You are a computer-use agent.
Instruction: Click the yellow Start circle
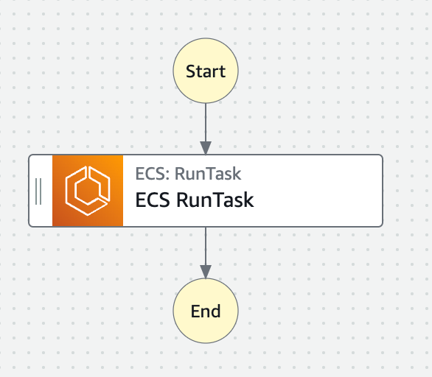coord(206,71)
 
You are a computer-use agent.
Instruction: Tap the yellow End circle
coord(206,311)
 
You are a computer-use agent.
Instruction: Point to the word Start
coord(206,71)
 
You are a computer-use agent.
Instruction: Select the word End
coord(206,311)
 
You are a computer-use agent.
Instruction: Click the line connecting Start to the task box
coord(206,122)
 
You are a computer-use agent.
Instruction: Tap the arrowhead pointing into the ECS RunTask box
coord(206,148)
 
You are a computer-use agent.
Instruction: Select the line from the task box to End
coord(206,246)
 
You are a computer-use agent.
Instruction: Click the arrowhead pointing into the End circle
coord(206,272)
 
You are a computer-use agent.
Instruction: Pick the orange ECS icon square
coord(88,191)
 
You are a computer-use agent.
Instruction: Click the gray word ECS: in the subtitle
coord(153,174)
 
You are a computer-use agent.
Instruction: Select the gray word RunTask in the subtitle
coord(208,174)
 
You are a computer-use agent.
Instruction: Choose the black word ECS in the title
coord(153,200)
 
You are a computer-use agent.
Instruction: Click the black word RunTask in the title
coord(215,200)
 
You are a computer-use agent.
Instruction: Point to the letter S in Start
coord(191,71)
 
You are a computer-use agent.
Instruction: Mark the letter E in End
coord(195,311)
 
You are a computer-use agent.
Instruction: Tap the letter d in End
coord(216,311)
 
